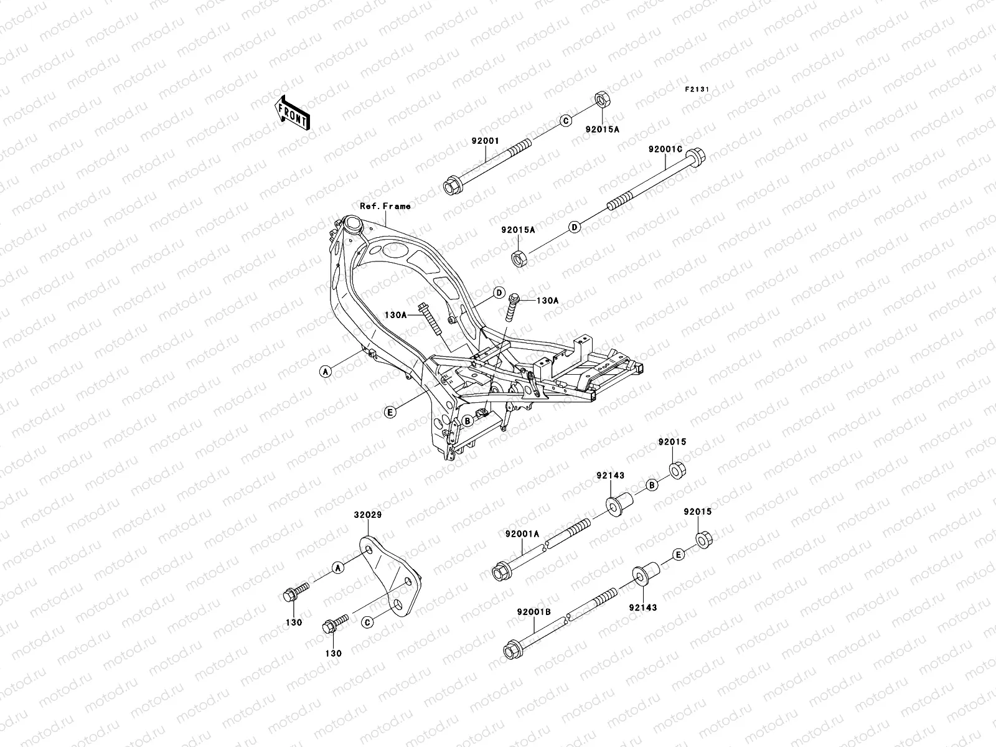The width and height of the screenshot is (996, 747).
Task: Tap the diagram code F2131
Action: (x=697, y=90)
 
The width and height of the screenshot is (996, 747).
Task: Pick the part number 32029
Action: (x=368, y=515)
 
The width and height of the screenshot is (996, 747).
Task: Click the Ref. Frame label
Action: (x=385, y=205)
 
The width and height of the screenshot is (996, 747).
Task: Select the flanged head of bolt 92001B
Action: (x=512, y=651)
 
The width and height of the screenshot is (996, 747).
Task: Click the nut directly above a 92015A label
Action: (x=601, y=99)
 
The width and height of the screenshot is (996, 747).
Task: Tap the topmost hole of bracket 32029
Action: (x=369, y=551)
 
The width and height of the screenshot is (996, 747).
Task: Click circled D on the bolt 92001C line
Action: (x=575, y=227)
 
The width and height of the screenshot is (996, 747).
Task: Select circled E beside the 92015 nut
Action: (x=679, y=553)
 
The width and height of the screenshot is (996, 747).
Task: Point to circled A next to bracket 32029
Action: (x=337, y=567)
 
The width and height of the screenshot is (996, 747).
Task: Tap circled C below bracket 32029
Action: (x=367, y=622)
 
